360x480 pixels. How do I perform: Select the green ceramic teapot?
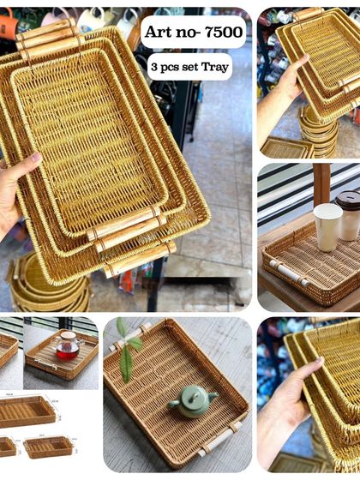(192, 401)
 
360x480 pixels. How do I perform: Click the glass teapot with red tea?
(67, 345)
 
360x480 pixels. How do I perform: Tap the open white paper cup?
(327, 227)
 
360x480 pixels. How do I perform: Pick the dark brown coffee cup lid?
(349, 201)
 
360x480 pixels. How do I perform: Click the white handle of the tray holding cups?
(290, 273)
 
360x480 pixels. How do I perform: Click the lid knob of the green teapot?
(194, 395)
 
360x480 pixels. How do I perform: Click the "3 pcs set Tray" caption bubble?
(189, 67)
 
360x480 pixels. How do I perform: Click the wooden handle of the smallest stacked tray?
(123, 223)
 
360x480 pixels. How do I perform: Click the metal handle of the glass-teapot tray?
(46, 364)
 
